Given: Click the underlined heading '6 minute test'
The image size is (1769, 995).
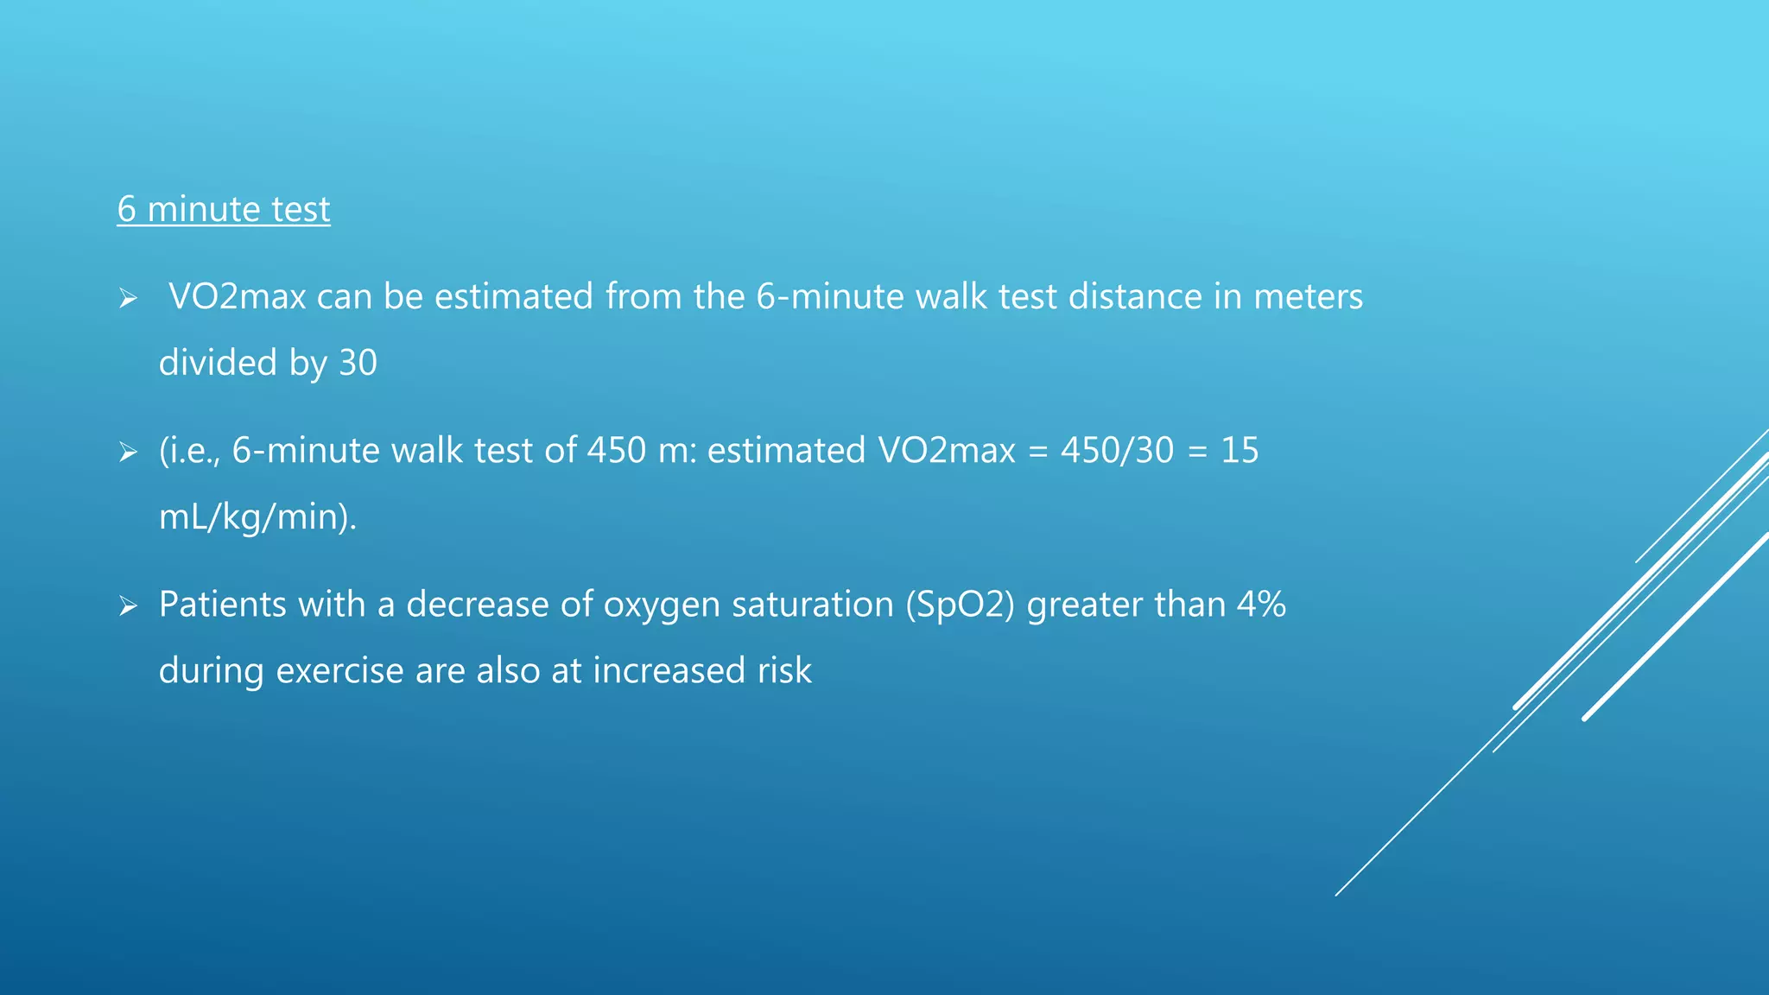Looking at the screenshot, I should (x=224, y=210).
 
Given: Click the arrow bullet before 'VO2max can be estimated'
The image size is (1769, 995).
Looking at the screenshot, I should (x=128, y=299).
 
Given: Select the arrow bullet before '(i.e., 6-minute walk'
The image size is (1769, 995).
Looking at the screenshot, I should (x=128, y=452).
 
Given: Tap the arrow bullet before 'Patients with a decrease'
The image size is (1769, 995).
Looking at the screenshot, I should (x=128, y=605).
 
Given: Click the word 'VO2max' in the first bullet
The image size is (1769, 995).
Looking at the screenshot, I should (x=238, y=297).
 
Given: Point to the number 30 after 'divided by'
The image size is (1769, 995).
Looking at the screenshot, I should (x=358, y=363).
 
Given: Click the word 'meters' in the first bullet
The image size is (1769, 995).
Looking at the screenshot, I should (x=1308, y=297).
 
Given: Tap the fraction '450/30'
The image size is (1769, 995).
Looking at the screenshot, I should (x=1117, y=451).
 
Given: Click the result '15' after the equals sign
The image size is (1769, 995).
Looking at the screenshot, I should (x=1240, y=451).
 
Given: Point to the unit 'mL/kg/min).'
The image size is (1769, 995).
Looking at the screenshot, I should (x=257, y=517).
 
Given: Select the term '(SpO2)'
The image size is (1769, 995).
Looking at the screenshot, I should (x=960, y=605).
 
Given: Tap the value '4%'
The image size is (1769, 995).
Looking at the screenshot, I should (x=1261, y=605).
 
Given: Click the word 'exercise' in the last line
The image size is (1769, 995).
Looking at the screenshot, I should (x=339, y=671).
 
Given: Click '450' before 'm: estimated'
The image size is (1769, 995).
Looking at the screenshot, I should (x=617, y=451).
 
